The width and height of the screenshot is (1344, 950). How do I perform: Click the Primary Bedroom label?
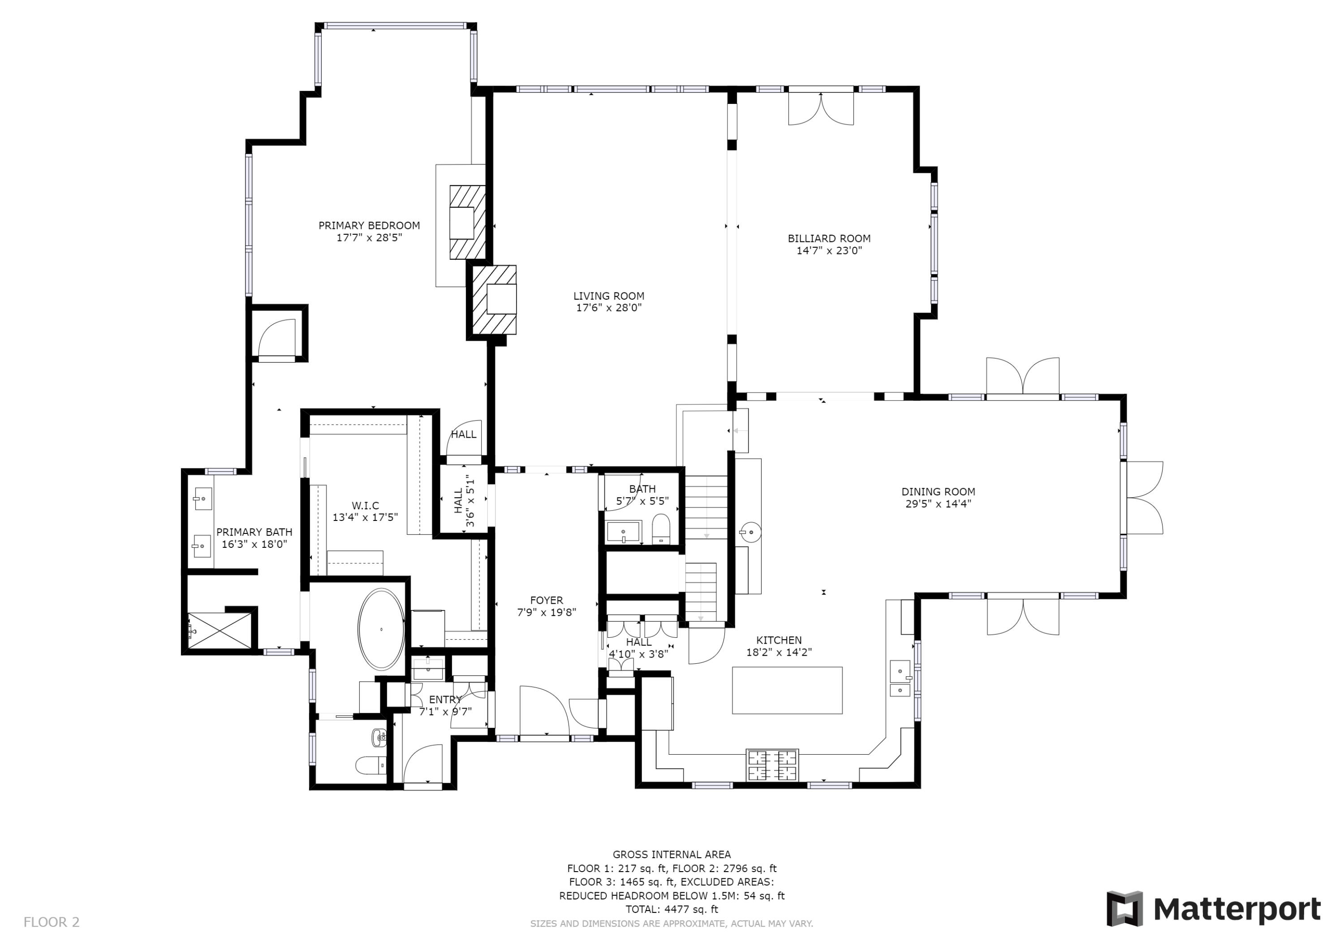pos(369,225)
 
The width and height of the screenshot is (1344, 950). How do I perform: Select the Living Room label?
pos(608,296)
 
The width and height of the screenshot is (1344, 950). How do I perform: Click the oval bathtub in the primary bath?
pos(381,629)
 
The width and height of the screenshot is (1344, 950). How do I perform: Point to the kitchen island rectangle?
pos(787,690)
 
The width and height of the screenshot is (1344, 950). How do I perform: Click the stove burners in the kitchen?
pos(772,765)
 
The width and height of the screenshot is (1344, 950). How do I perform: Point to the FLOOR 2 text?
pos(52,923)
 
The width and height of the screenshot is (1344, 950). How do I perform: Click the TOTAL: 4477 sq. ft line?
pos(672,909)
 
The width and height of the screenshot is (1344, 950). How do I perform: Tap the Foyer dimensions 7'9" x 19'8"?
pos(546,613)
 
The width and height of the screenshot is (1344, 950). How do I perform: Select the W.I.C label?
pos(365,505)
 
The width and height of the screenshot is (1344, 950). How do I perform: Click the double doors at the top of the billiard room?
pos(821,108)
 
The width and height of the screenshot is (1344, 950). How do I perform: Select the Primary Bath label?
pos(254,532)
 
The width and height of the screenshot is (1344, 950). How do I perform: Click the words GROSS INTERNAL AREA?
pos(672,855)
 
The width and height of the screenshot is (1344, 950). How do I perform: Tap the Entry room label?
pos(445,700)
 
